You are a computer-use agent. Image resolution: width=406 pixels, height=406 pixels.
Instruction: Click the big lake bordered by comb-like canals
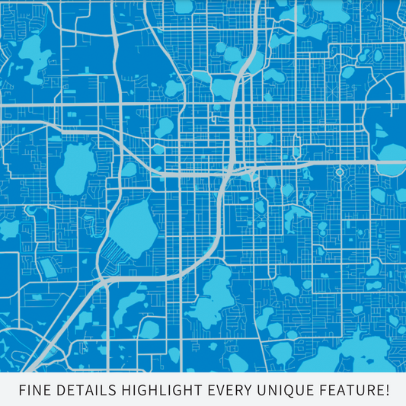[136, 225]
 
